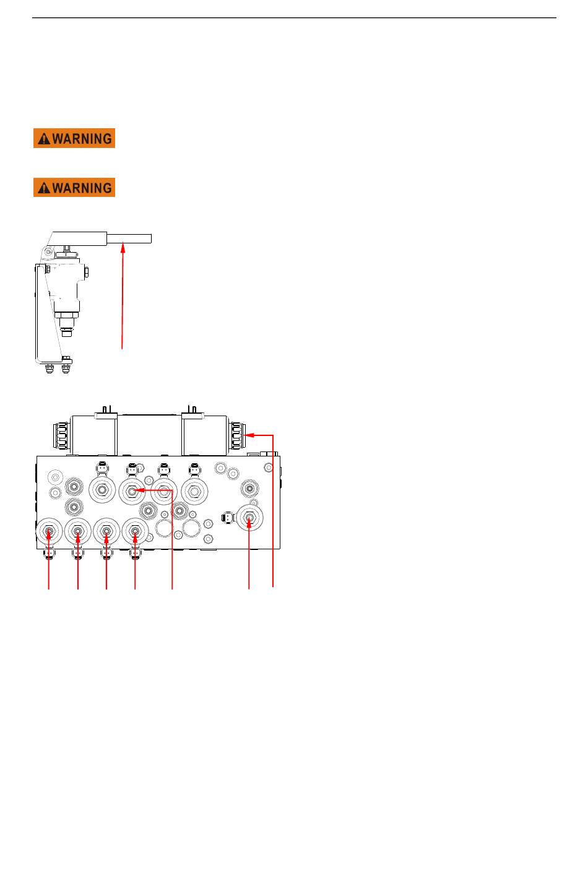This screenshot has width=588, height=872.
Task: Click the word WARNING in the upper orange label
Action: (82, 139)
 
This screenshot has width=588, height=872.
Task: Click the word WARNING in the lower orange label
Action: (82, 188)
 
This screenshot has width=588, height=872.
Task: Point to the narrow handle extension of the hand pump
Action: (129, 238)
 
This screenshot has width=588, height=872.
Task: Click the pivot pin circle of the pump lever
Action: (48, 252)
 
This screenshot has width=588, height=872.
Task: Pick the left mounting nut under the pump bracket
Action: (50, 368)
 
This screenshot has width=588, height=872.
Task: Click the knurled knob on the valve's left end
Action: (61, 435)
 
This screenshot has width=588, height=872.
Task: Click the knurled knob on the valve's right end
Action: (236, 435)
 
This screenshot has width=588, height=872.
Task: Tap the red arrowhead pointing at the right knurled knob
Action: (250, 435)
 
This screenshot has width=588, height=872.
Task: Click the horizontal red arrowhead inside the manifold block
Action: (139, 490)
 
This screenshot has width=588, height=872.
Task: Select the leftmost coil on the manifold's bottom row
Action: (49, 531)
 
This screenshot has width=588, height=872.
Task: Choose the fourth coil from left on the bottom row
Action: (135, 531)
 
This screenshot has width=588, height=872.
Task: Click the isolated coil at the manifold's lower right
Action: (250, 518)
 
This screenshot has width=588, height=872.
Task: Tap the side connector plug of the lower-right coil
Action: (228, 518)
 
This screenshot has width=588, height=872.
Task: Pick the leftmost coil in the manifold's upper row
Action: (102, 490)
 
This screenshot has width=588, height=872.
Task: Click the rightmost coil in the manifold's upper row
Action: (194, 491)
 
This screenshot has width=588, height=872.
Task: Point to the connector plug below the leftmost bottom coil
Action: (49, 553)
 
